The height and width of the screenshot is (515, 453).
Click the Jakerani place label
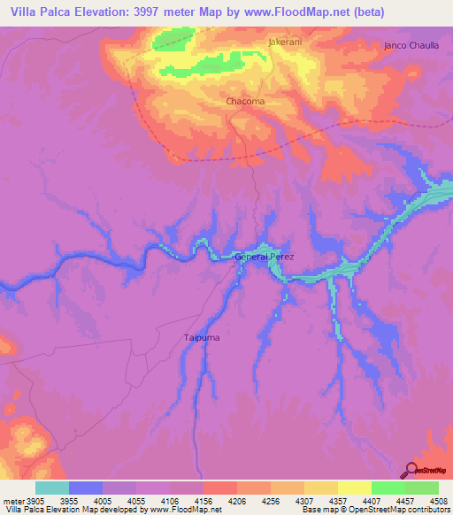(285, 42)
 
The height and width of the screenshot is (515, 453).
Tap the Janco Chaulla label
(411, 45)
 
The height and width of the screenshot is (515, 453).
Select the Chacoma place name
(245, 102)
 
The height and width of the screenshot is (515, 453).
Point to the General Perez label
(264, 257)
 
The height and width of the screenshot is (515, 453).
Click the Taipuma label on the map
(201, 337)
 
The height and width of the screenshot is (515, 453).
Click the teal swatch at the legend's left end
(52, 488)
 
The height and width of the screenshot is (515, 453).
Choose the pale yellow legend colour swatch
(354, 488)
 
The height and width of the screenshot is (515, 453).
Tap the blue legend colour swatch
(86, 488)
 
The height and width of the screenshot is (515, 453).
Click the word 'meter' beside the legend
(10, 501)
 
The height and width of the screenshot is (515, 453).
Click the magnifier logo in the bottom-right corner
(412, 470)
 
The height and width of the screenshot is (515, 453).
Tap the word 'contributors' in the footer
(428, 510)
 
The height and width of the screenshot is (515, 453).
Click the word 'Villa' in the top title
(24, 12)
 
